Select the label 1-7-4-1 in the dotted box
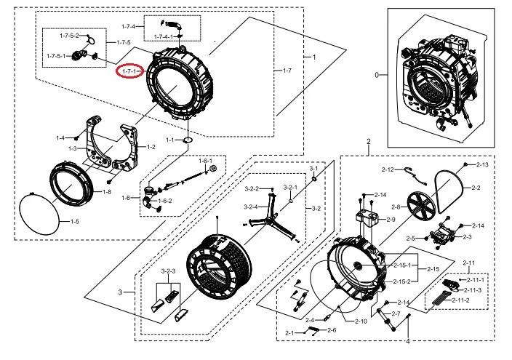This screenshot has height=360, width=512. click(x=163, y=36)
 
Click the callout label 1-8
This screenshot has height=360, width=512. click(x=106, y=192)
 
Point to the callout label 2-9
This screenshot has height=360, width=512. click(x=391, y=219)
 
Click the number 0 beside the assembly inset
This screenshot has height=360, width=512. click(x=377, y=76)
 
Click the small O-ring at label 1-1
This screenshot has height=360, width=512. click(x=188, y=139)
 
